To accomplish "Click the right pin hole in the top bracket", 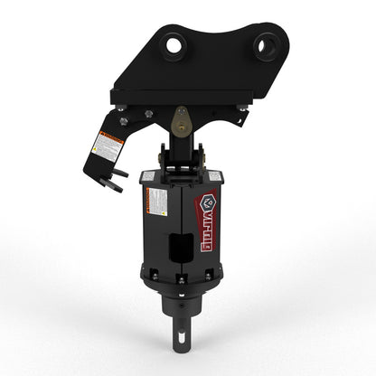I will click(265, 42).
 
